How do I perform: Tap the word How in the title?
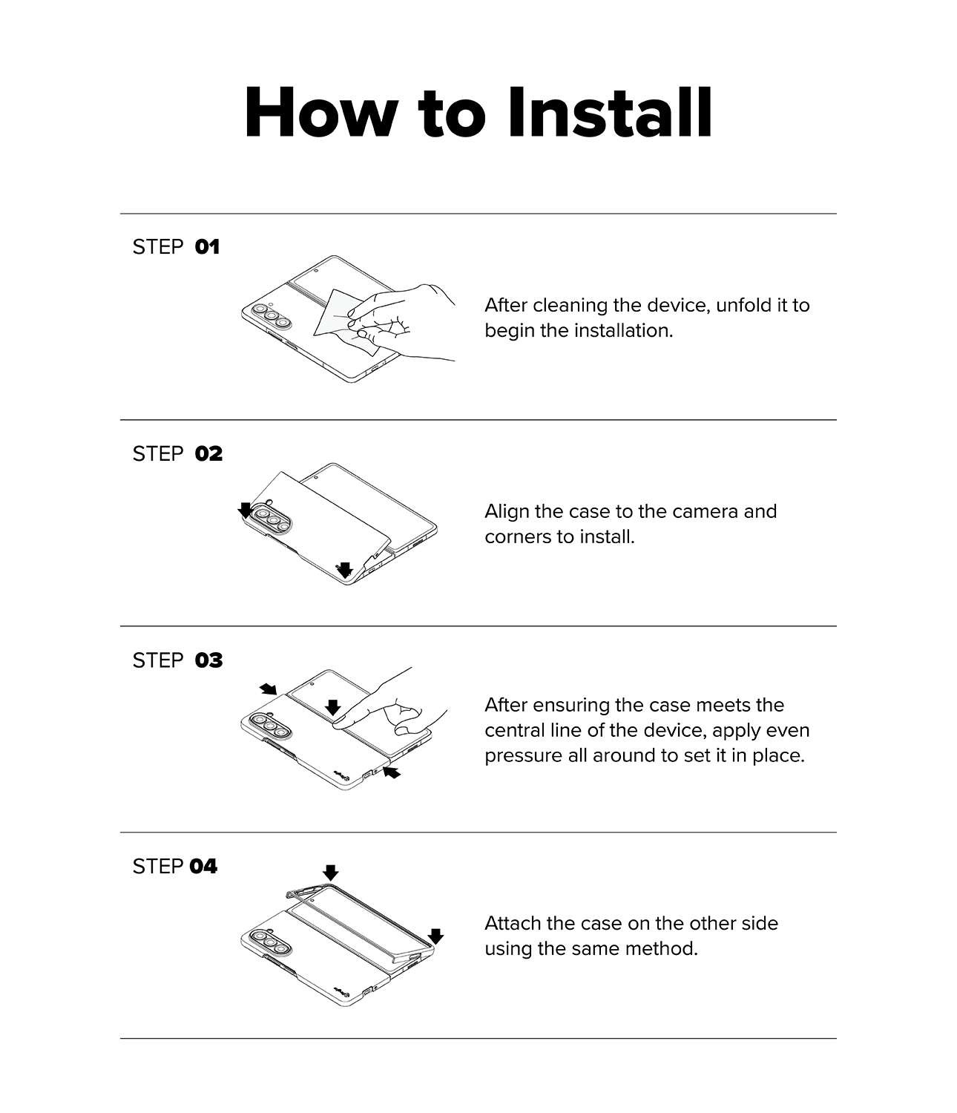point(321,113)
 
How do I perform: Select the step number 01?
point(207,247)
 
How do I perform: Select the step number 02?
point(209,454)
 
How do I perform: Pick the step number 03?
point(209,660)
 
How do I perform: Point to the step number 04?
point(203,867)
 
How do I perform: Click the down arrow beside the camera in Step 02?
point(246,510)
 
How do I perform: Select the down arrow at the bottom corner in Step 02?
point(344,570)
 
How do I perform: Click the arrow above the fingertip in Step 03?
point(332,707)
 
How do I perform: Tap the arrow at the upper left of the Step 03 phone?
point(268,689)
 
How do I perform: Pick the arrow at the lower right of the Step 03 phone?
point(392,772)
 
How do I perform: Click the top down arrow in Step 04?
point(330,873)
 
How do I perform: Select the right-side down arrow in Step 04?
point(435,936)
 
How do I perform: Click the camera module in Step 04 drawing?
point(272,942)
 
